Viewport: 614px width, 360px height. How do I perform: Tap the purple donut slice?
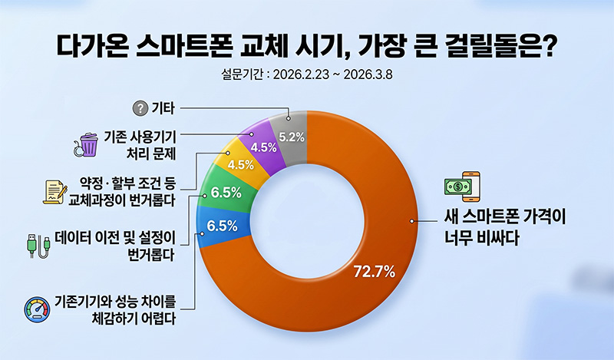click(x=264, y=144)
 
